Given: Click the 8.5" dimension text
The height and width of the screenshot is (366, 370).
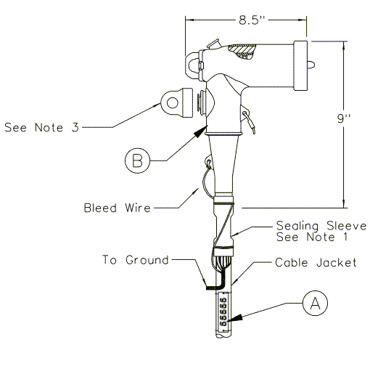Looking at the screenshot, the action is (252, 20).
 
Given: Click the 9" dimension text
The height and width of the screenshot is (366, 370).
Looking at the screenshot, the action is (344, 118).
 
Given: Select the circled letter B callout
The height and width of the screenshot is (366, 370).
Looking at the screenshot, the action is (137, 160).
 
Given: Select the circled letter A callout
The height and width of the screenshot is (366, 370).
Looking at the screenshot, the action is (315, 303).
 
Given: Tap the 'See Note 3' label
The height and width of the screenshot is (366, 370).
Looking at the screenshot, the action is (41, 127).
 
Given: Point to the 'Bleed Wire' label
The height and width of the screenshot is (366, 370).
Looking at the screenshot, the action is (117, 208).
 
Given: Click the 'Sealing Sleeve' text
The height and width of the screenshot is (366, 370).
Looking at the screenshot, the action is (321, 226).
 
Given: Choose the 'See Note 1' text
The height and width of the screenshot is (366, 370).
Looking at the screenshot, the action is (312, 237).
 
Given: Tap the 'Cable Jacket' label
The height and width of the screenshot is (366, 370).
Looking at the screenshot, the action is (316, 263).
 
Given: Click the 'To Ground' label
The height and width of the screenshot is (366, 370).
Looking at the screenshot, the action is (136, 260).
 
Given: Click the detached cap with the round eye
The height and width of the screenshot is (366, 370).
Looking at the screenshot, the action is (177, 102).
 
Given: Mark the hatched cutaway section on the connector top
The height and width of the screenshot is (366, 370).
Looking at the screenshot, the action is (242, 52).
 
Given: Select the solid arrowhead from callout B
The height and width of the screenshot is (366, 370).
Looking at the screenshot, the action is (200, 133).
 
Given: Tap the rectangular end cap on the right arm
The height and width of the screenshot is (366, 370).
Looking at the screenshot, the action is (300, 65).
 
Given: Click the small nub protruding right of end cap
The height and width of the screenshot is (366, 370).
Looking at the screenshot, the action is (311, 65).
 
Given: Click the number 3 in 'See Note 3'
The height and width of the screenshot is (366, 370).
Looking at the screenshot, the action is (75, 127).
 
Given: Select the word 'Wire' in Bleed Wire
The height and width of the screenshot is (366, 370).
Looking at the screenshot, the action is (138, 208).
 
